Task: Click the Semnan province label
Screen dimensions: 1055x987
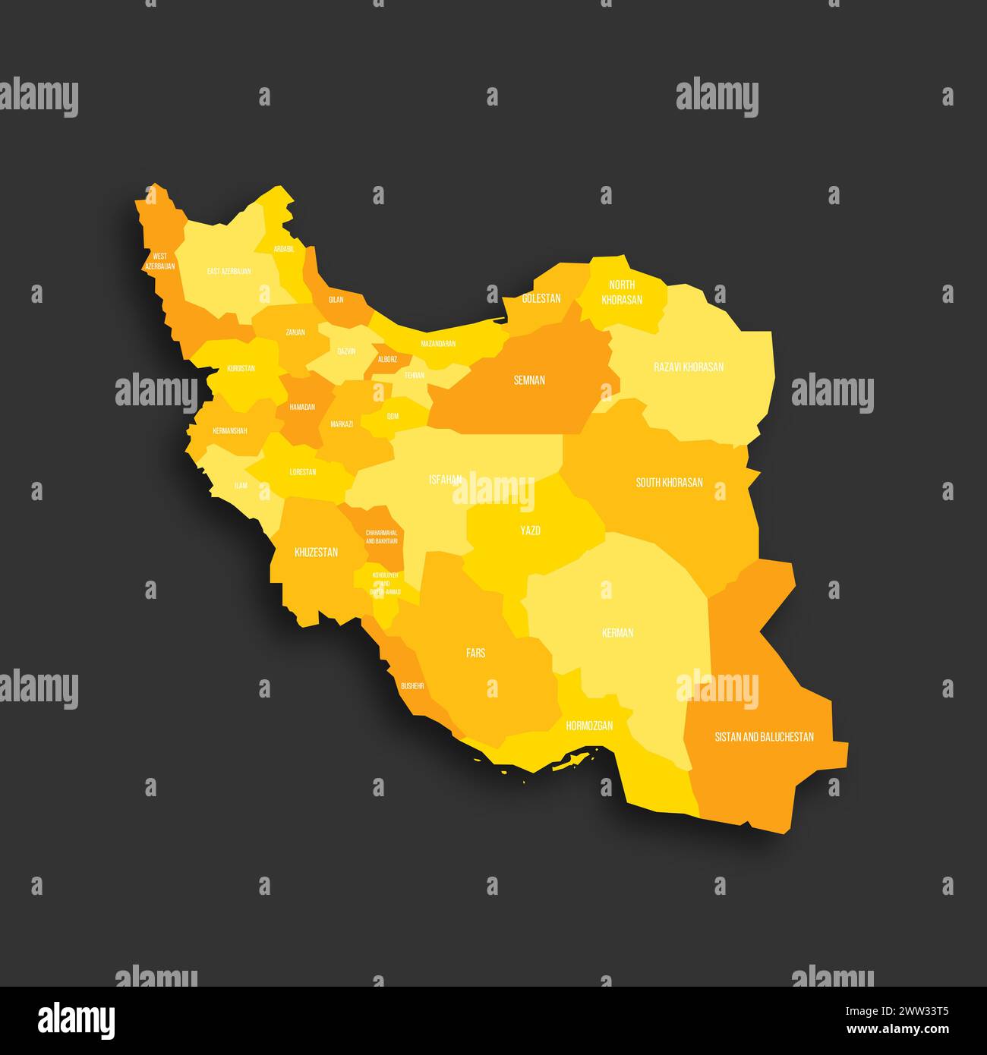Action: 529,380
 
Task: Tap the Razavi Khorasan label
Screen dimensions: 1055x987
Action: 689,367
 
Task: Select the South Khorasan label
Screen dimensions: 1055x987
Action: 669,482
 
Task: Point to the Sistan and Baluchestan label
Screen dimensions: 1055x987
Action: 764,736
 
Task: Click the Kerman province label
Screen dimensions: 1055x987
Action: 617,632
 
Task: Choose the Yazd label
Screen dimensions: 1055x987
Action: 530,531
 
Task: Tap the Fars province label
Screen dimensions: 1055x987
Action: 476,652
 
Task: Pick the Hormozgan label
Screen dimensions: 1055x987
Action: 589,726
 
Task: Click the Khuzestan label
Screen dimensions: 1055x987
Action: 316,552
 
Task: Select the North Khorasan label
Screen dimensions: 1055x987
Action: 622,292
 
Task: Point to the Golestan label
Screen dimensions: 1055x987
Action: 541,298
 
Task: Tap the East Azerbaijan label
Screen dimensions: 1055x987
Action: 229,271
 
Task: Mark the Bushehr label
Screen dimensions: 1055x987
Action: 412,685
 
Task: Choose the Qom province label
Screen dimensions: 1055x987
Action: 393,416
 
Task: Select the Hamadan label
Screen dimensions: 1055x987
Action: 301,407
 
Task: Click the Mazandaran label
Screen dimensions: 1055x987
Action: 438,344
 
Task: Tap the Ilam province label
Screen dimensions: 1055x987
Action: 241,484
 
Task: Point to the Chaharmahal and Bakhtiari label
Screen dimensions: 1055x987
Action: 381,537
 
